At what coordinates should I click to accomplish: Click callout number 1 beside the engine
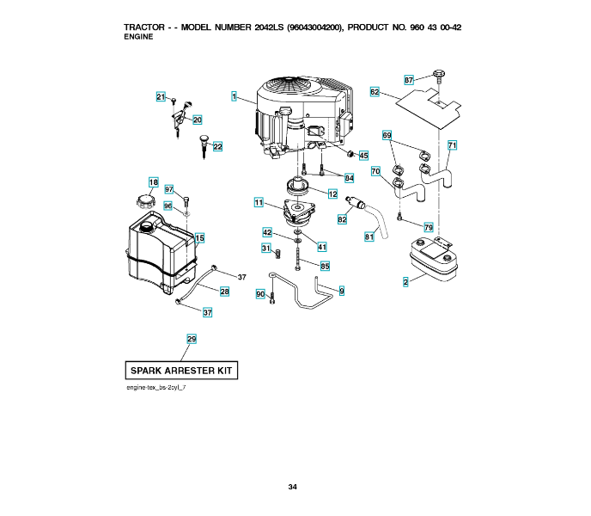tap(234, 97)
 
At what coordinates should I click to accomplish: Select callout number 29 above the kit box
tap(192, 339)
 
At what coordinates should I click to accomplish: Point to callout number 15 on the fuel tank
tap(199, 237)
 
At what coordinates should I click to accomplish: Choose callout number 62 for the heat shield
tap(375, 91)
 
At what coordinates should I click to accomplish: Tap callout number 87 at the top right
tap(409, 79)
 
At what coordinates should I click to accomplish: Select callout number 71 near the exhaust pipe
tap(452, 144)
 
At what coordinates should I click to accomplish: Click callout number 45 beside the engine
tap(363, 156)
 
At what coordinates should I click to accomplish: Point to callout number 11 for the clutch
tap(258, 202)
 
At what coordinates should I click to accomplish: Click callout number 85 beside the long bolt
tap(325, 267)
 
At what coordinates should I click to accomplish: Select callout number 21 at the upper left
tap(160, 97)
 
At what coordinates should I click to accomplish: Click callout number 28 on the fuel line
tap(224, 292)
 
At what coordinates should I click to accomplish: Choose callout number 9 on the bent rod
tap(341, 292)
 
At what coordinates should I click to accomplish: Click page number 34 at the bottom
tap(293, 488)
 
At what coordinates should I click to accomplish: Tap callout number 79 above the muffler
tap(428, 227)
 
